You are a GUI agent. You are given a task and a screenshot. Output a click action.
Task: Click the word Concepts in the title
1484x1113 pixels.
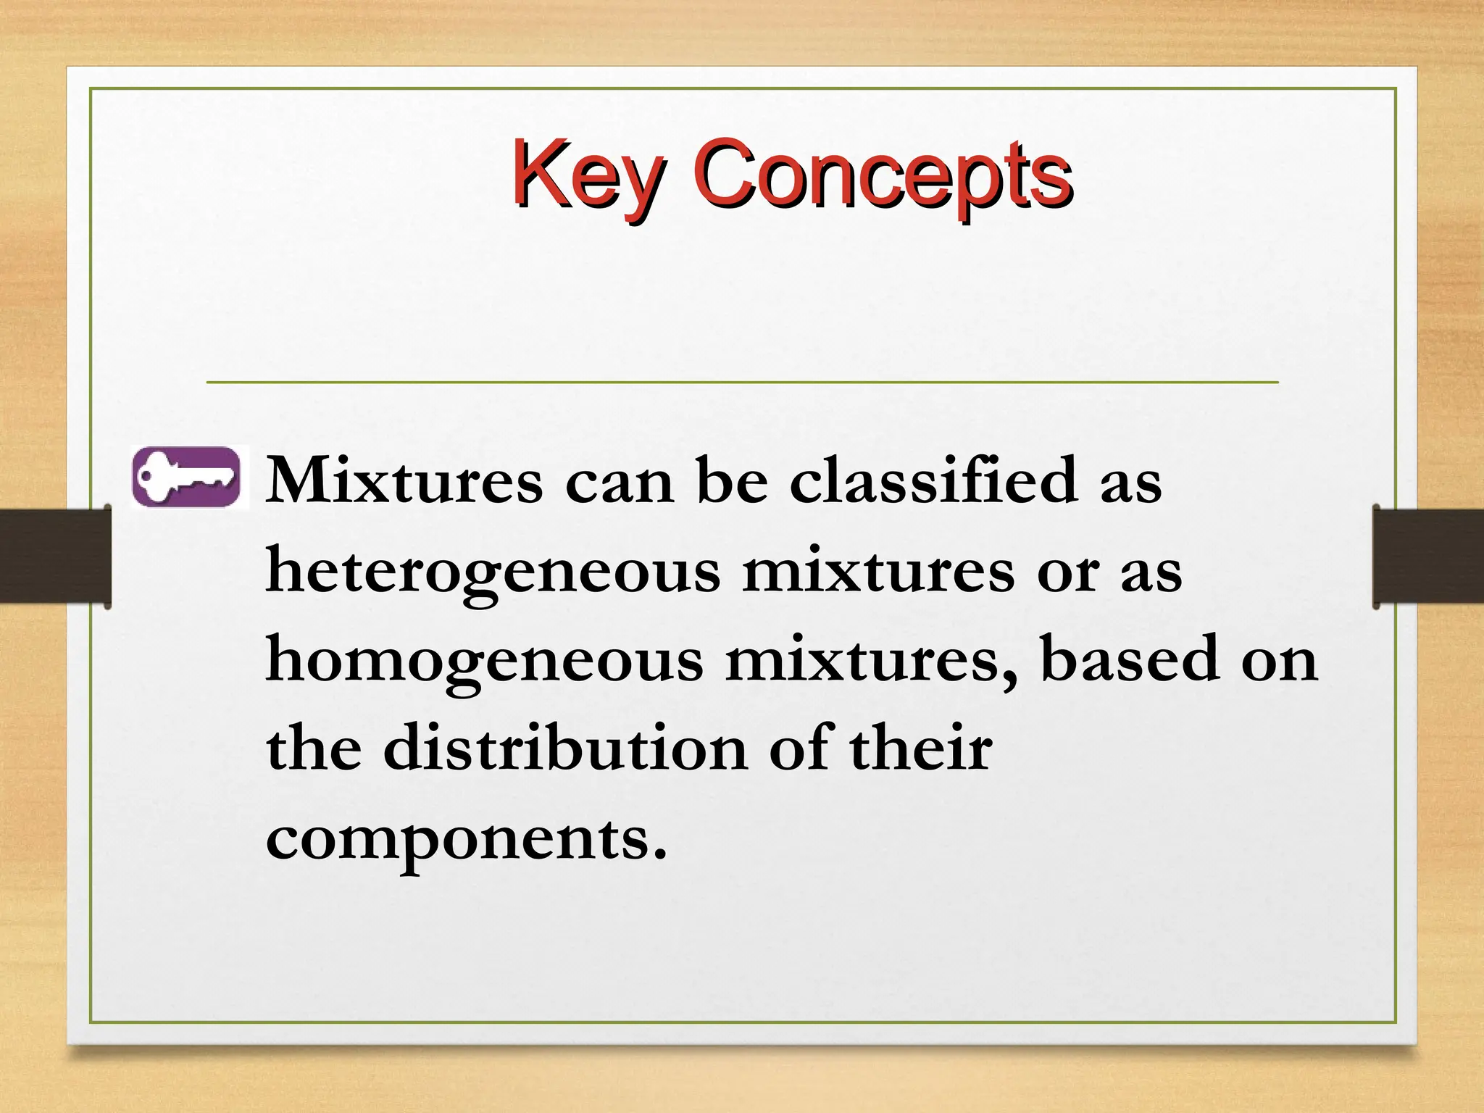tap(882, 174)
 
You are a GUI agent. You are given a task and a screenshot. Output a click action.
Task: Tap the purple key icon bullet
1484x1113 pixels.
tap(187, 476)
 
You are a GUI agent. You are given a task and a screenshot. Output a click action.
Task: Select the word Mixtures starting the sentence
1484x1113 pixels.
tap(404, 481)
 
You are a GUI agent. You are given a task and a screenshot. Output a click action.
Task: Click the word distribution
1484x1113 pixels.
tap(565, 748)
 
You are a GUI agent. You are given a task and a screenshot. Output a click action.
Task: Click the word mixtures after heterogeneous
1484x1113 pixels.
tap(878, 571)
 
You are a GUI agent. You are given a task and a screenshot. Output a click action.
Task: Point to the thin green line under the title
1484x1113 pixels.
tap(742, 382)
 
